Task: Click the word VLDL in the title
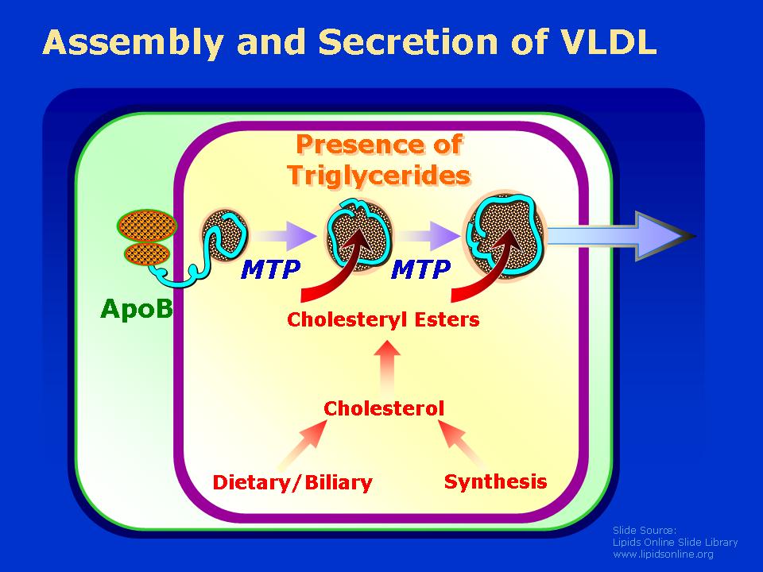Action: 608,42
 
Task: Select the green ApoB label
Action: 136,308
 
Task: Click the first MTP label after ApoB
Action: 270,269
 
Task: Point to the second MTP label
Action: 420,269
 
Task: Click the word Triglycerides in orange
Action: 378,175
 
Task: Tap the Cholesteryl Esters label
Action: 383,319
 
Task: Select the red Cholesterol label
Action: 384,408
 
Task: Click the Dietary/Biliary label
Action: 292,482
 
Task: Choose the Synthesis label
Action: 495,481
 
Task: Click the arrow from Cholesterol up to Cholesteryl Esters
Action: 387,366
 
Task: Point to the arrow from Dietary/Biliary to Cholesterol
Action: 304,443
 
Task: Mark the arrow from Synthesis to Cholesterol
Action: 463,443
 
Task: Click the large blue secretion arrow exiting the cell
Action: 623,237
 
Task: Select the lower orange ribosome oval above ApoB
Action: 147,254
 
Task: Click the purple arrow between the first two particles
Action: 285,235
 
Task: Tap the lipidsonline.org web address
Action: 663,554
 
